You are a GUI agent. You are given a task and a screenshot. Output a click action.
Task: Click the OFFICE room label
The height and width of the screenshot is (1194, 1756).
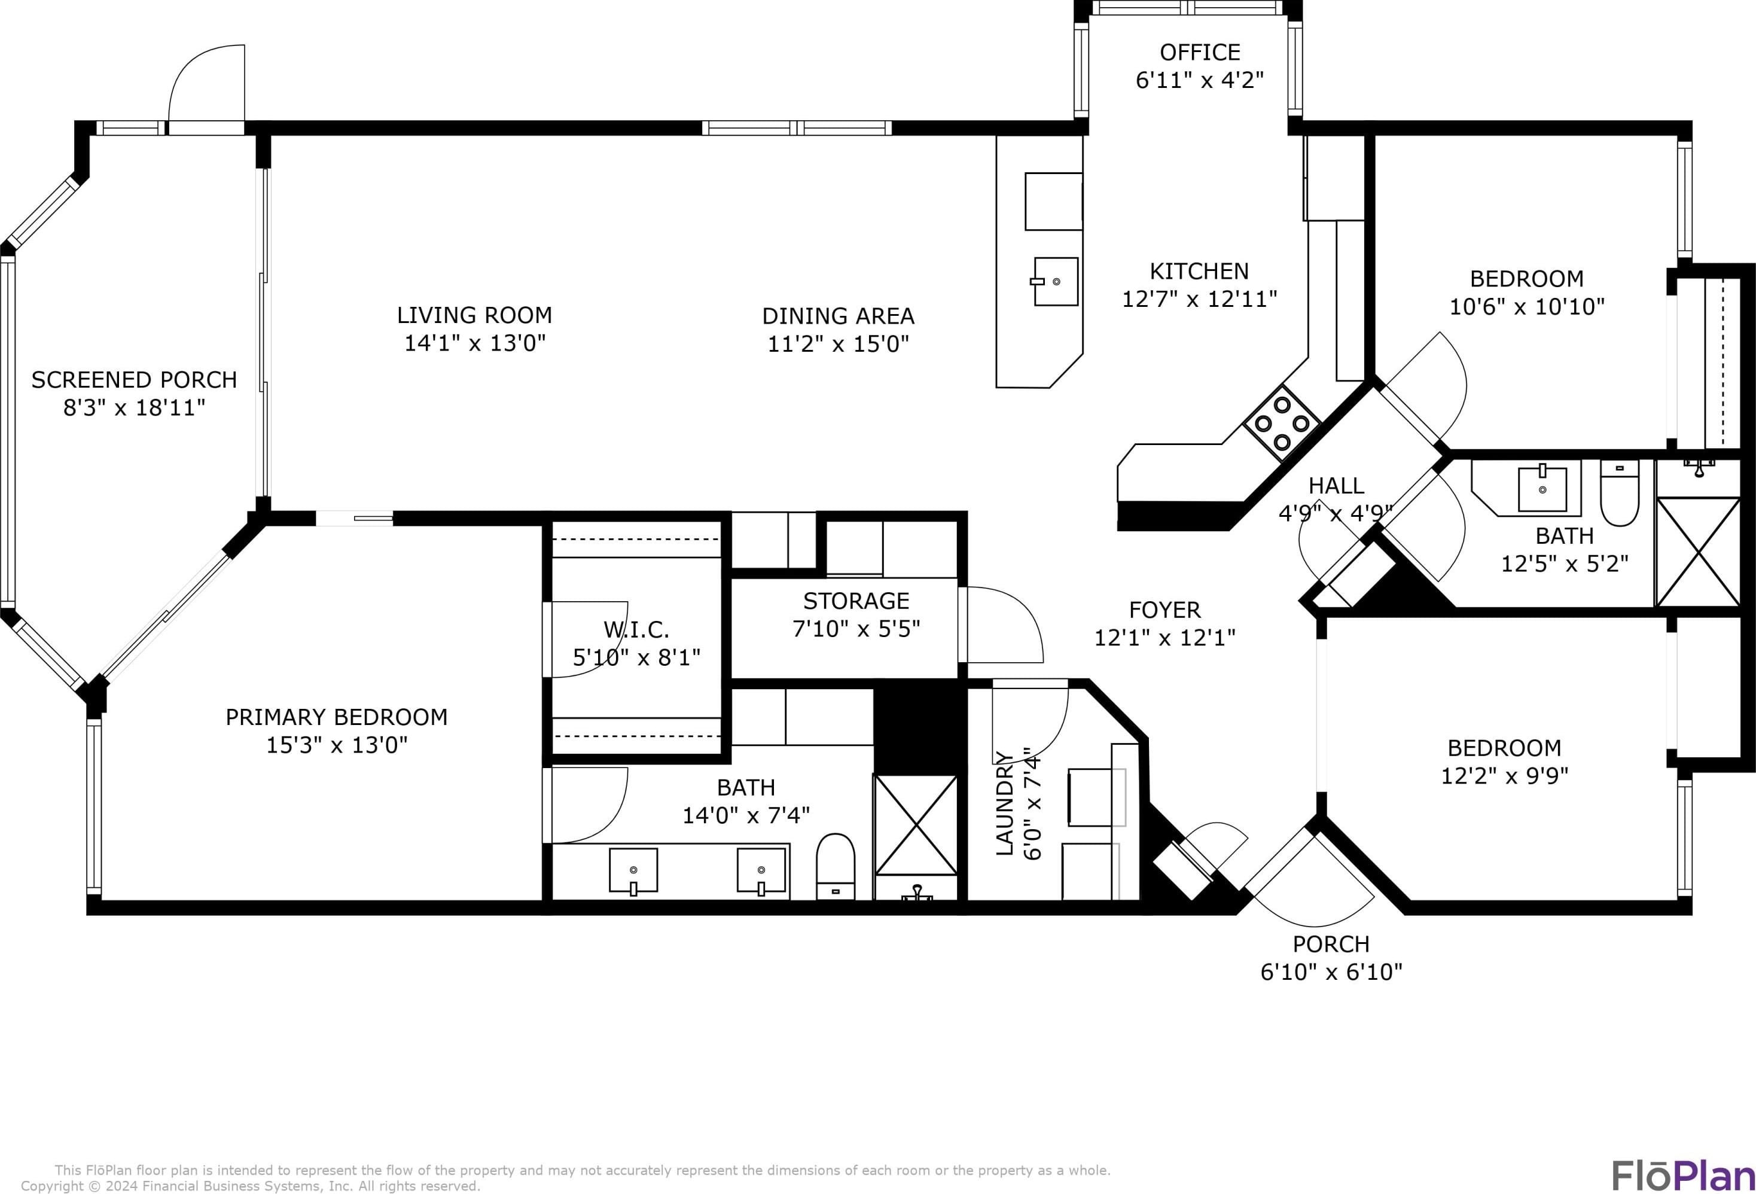1200,52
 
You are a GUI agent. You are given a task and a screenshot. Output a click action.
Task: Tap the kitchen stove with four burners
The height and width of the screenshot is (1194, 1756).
1282,423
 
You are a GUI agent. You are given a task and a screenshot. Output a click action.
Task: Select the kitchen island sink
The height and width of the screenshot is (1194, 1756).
1055,281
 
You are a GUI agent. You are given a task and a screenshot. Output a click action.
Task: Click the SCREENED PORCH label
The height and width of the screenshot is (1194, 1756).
134,379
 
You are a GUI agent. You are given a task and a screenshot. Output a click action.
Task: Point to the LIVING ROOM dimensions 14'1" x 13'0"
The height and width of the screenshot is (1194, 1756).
474,343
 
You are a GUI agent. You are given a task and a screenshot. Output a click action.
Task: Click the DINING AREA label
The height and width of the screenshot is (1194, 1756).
838,316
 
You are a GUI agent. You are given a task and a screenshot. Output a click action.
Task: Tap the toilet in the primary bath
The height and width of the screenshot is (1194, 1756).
836,867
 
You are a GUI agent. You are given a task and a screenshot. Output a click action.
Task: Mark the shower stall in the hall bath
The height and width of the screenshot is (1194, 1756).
1698,552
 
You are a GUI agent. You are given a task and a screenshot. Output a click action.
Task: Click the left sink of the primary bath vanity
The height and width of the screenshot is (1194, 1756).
633,870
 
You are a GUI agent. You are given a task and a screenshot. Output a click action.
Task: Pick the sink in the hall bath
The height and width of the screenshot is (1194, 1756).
1542,487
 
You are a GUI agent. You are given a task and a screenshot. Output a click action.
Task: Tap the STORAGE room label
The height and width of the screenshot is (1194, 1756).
856,601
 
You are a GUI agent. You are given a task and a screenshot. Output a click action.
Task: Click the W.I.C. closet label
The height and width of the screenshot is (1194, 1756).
636,629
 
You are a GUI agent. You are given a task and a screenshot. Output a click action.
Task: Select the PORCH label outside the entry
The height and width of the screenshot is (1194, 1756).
1331,945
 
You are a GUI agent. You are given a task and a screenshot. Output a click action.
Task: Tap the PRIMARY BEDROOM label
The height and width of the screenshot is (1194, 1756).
336,717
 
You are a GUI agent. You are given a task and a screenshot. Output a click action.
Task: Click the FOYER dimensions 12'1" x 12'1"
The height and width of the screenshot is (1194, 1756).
1165,638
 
